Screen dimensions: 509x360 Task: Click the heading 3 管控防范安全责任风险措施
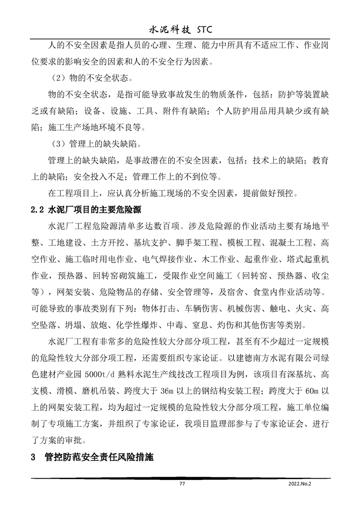pyautogui.click(x=94, y=457)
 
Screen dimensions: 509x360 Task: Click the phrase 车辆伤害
pyautogui.click(x=198, y=309)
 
